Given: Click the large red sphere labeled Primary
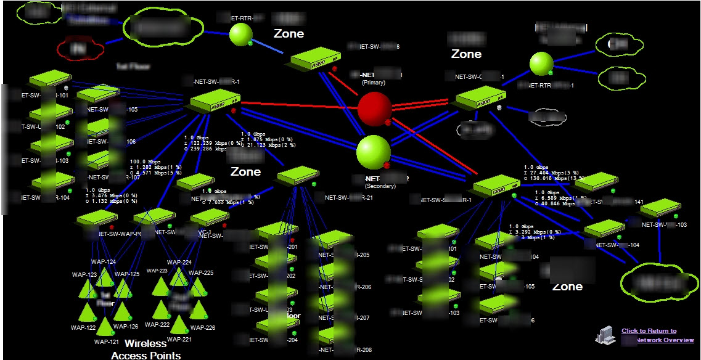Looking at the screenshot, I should point(374,109).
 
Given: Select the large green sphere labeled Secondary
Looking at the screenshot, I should point(374,152).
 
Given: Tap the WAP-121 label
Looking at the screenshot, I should point(107,342).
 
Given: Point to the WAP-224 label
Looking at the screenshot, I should point(179,263).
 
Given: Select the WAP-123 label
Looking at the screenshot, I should point(84,275).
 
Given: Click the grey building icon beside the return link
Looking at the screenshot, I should point(605,333).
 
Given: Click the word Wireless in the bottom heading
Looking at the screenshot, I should point(146,343).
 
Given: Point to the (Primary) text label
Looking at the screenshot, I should point(374,83).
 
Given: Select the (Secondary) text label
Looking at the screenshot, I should point(380,186).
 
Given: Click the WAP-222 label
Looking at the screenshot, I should point(157,324).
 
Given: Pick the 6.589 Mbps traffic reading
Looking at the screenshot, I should point(552,198).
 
